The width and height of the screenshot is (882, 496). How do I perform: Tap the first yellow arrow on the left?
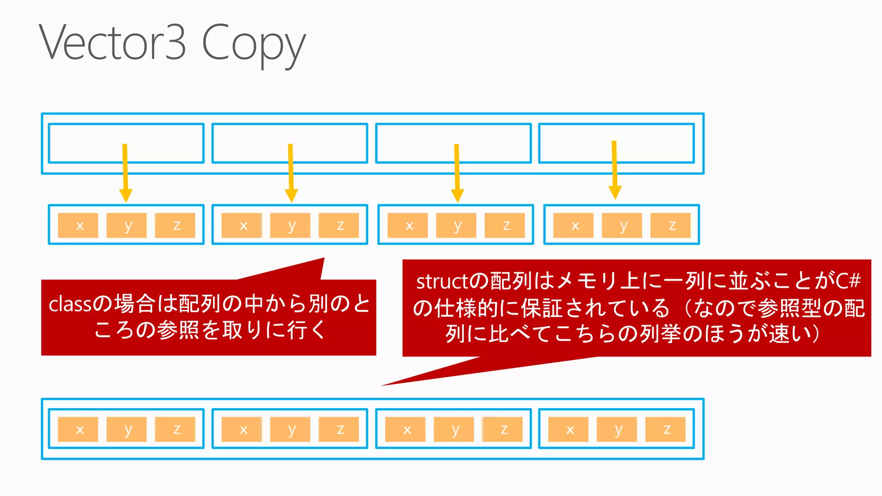coord(125,172)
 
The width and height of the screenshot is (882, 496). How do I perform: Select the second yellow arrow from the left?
coord(291,172)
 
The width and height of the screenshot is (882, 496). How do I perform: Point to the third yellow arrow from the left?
coord(457,172)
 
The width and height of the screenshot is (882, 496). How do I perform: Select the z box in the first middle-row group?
coord(175,225)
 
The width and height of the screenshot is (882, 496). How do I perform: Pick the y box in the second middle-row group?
coord(290,225)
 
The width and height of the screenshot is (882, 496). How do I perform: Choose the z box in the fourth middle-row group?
coord(671,225)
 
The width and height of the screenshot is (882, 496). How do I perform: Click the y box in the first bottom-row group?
coord(127,429)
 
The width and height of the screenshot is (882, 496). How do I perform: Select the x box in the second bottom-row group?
coord(242,429)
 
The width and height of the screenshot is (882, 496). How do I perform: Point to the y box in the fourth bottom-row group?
coord(617,429)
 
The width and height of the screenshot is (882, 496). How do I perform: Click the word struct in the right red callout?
coord(442,282)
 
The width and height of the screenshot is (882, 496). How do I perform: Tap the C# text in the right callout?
coord(848,281)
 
